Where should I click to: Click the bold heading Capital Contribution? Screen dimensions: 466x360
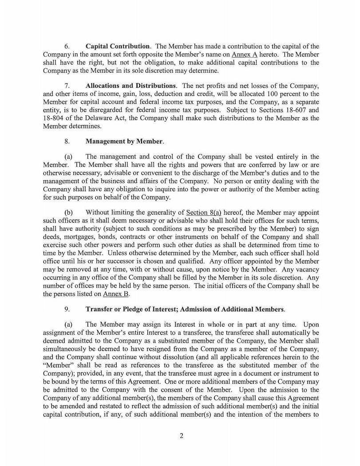118,46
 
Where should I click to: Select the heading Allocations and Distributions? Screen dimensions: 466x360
131,86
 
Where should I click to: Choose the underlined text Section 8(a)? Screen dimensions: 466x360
204,213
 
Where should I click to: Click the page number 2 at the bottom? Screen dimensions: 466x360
181,435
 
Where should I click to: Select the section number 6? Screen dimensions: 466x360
67,46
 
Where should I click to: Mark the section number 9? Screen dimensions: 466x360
67,309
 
